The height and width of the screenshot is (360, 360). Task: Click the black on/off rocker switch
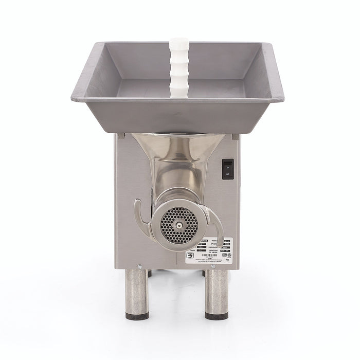(227, 169)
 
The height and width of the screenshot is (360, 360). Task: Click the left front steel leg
(137, 293)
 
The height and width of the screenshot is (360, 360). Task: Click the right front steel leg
(217, 293)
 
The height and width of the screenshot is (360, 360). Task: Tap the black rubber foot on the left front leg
(137, 316)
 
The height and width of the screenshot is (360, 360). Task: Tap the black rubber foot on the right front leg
(217, 316)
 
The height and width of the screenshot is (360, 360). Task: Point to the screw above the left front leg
(139, 266)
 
